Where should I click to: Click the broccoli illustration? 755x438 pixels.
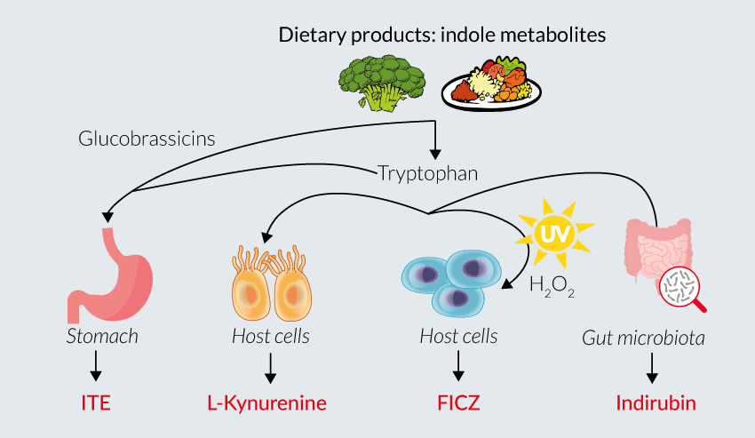coord(381,78)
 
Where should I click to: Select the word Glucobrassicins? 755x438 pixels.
coord(147,139)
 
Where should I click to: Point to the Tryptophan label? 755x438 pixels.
coord(427,173)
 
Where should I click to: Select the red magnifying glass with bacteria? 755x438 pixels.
coord(684,290)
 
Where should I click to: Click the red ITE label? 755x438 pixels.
coord(94,403)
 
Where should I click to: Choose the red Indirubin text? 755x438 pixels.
coord(655,403)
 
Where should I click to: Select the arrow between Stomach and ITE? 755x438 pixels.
coord(94,366)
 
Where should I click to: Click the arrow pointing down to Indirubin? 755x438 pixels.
coord(653,366)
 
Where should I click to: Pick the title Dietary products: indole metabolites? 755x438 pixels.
coord(441,36)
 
